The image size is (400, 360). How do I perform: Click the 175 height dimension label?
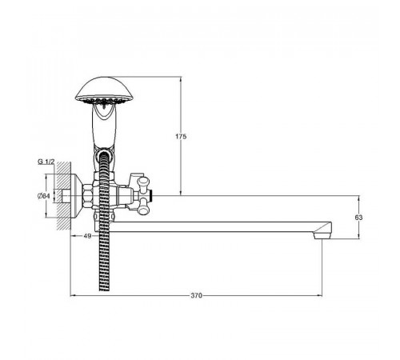(x=181, y=137)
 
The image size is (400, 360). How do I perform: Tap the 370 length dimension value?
(x=196, y=295)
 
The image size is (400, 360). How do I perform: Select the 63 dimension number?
(x=358, y=218)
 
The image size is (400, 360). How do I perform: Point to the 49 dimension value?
(x=87, y=236)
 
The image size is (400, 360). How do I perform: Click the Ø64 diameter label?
(x=44, y=196)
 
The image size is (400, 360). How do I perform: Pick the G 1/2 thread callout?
(x=46, y=162)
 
